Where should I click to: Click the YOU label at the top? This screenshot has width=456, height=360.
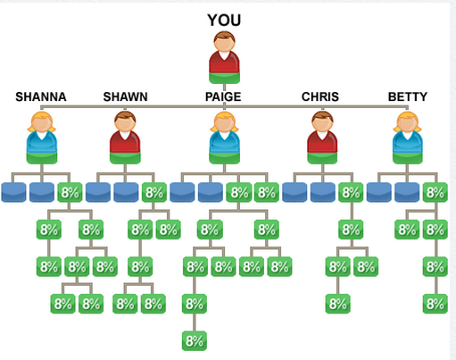click(224, 21)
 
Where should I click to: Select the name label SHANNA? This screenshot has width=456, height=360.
click(41, 96)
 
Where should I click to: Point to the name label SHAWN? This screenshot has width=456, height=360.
click(125, 96)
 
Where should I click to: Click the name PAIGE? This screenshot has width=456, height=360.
click(223, 96)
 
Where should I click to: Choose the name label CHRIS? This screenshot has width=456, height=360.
click(320, 96)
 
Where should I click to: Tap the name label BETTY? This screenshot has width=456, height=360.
click(408, 96)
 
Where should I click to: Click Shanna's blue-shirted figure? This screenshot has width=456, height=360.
click(42, 138)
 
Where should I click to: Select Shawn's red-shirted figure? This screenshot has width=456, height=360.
click(125, 138)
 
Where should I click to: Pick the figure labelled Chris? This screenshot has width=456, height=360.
click(322, 138)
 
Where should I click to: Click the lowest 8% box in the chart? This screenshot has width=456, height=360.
click(195, 340)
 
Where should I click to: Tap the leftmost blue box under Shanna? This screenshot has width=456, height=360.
click(13, 192)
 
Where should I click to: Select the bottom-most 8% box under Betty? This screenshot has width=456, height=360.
click(435, 304)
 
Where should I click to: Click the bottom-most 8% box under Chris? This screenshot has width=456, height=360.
click(338, 304)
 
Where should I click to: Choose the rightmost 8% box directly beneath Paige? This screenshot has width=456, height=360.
click(267, 192)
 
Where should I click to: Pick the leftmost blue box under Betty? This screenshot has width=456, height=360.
click(379, 192)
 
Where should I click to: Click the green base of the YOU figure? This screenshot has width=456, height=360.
click(224, 78)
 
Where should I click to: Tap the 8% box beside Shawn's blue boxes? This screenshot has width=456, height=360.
click(154, 192)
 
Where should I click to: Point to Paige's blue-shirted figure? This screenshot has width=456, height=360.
click(224, 138)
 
